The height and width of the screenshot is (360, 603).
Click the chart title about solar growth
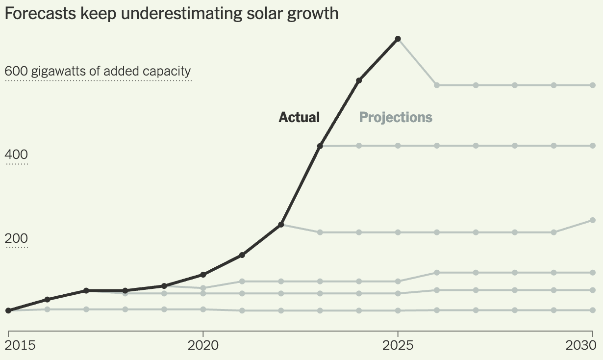(171, 13)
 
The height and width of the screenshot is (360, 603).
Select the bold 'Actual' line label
(299, 118)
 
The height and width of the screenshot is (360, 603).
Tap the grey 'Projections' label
(396, 118)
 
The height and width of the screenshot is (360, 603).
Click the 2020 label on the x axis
(203, 345)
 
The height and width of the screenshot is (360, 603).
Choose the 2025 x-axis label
(398, 345)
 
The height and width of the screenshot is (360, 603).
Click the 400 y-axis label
(17, 155)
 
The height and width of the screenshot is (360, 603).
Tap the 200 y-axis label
(17, 239)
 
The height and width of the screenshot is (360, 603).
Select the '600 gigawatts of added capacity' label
(98, 72)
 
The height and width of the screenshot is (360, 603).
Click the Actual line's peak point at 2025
(398, 38)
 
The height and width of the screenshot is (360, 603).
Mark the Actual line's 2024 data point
(359, 80)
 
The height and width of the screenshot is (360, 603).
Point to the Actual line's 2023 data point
(320, 146)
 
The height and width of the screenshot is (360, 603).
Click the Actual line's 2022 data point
(281, 225)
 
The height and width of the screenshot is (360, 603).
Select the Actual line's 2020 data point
(203, 275)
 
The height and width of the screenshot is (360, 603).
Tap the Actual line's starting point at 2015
(8, 310)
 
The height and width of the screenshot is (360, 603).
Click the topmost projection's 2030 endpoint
(593, 85)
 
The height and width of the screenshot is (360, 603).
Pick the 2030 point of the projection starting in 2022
(593, 220)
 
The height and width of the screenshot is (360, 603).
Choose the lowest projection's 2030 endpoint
(593, 310)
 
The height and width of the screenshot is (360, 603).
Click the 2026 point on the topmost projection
(437, 85)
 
